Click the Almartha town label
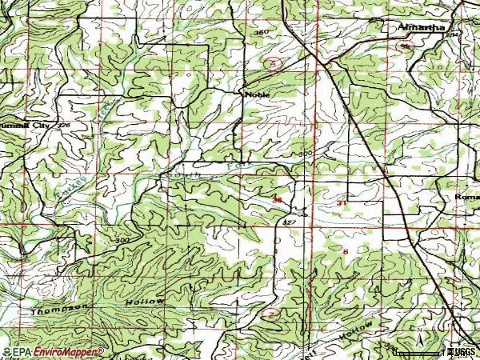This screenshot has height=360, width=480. [x=422, y=27]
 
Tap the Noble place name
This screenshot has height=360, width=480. [x=257, y=94]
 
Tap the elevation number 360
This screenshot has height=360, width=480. [x=260, y=33]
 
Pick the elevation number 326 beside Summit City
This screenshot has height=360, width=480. [x=64, y=126]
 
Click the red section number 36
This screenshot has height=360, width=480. [x=278, y=200]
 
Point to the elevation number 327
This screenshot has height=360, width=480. [x=290, y=222]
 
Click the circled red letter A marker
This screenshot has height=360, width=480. [x=274, y=62]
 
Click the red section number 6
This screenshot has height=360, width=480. [x=345, y=251]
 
